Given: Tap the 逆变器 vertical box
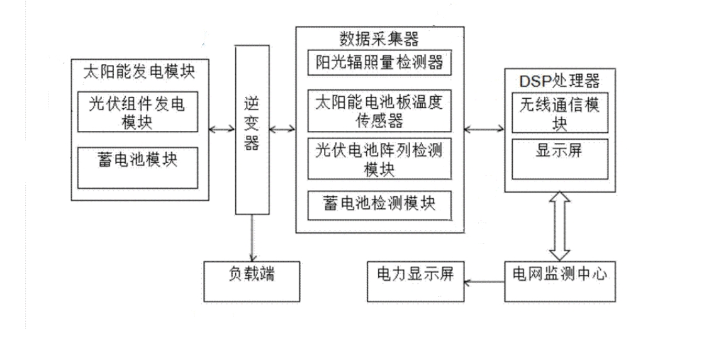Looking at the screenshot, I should click(251, 130).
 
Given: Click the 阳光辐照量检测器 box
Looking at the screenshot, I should click(379, 63).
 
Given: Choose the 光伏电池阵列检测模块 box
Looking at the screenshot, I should click(379, 160).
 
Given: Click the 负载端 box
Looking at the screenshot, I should click(251, 275).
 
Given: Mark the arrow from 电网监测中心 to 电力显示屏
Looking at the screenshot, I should click(484, 281).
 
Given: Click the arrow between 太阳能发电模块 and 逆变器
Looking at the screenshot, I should click(222, 130).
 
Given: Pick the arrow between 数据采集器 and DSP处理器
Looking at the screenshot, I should click(484, 130).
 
